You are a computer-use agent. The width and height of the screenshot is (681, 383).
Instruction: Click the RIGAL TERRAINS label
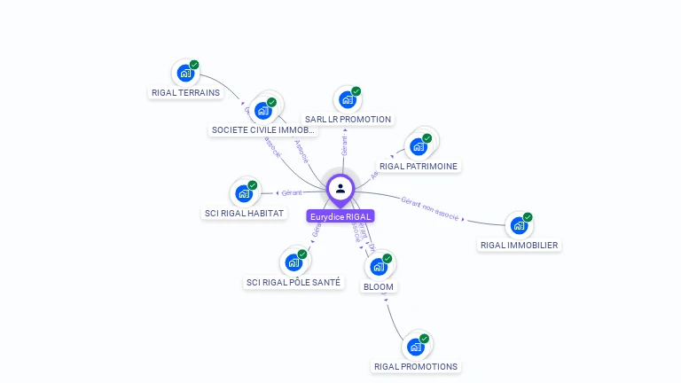185,92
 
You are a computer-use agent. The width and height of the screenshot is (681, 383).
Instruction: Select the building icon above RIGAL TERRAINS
184,73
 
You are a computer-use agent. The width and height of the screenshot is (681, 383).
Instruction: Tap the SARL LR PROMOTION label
348,119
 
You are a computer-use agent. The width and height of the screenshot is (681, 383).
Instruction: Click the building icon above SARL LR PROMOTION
347,99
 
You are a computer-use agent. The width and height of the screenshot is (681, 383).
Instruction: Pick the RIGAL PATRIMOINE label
419,166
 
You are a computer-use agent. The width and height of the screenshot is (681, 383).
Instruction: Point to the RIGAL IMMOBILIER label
520,245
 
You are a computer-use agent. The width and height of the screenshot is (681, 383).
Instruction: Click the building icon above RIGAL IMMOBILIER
519,225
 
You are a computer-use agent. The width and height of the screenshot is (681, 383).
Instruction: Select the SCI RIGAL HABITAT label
244,213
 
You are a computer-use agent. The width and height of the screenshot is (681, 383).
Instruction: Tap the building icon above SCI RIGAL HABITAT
244,193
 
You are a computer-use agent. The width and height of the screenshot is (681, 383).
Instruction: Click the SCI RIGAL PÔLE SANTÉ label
293,282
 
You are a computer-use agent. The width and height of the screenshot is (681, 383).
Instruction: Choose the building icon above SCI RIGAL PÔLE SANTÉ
293,263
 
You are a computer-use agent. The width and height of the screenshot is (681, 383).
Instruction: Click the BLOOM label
379,286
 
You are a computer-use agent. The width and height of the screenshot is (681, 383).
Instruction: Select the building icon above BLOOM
378,267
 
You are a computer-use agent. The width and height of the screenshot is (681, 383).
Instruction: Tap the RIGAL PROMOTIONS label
416,366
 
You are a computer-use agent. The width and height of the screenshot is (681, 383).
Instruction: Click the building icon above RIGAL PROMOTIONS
415,347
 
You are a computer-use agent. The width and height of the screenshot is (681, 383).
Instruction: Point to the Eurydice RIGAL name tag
340,216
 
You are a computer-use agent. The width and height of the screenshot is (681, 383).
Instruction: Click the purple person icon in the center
340,188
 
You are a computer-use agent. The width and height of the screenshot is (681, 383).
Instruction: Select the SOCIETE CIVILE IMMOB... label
263,129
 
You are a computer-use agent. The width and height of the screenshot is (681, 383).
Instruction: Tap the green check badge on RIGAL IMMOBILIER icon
528,217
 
